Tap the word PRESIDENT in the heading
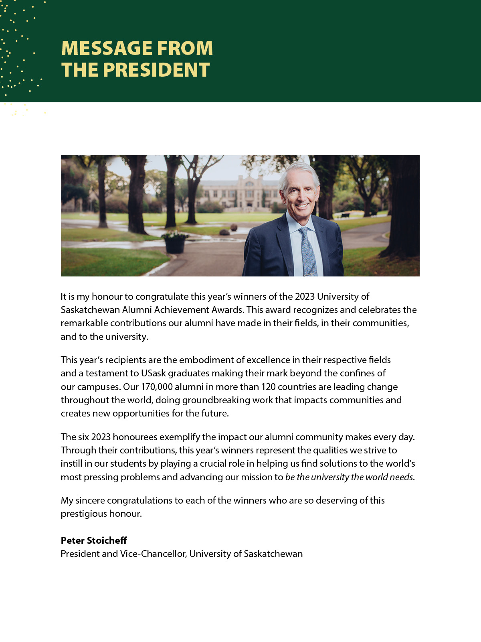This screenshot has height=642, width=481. [x=156, y=70]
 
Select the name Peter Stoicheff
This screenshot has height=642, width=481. [x=94, y=540]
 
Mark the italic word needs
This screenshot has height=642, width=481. [x=402, y=477]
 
